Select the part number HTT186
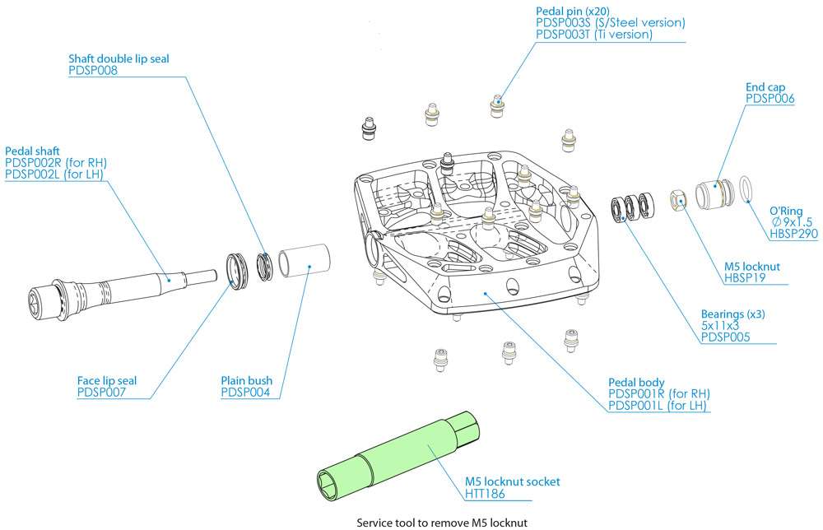click(x=485, y=494)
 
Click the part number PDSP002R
click(x=35, y=163)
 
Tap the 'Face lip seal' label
click(x=106, y=381)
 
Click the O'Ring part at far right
click(x=745, y=188)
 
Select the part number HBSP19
click(x=744, y=277)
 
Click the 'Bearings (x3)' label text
click(x=732, y=314)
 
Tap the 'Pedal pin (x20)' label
click(x=569, y=11)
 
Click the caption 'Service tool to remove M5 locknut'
click(x=441, y=522)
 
